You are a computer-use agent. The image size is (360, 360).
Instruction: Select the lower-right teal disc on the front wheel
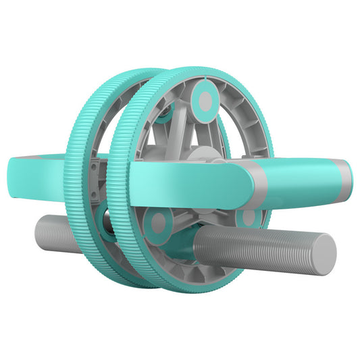coord(249,217)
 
